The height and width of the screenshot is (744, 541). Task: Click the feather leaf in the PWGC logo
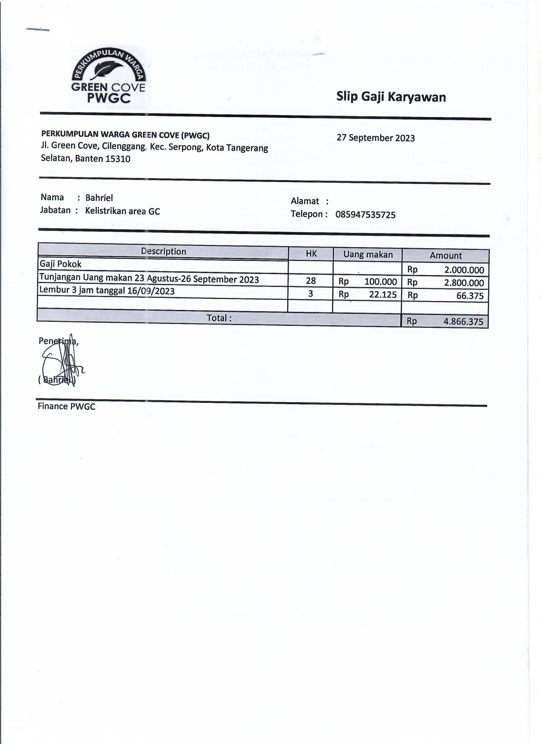108,70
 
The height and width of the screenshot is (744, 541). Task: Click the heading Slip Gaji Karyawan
391,97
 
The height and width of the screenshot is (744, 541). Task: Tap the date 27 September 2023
375,138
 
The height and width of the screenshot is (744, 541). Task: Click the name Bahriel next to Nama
99,198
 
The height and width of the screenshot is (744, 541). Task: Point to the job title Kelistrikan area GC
123,211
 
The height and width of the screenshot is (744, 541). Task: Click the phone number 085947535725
365,215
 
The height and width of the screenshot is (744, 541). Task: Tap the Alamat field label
305,201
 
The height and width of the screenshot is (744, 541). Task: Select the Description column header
163,251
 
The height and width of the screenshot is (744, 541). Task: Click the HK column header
311,254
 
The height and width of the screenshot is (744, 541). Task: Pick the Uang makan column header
368,255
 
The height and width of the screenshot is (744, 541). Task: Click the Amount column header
446,256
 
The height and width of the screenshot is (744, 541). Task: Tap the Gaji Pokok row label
60,264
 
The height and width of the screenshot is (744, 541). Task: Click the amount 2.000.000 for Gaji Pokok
464,270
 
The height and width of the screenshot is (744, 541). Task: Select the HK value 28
311,281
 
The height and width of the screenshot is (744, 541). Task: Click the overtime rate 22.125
383,295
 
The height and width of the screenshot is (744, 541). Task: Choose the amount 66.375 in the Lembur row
470,296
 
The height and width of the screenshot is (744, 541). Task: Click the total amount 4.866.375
463,321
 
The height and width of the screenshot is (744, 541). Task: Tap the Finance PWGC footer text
66,406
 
